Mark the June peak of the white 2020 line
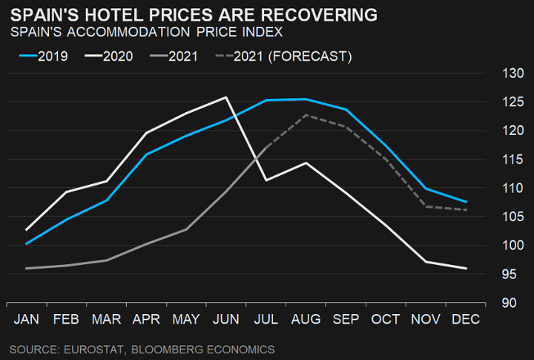click(225, 97)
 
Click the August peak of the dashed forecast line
click(306, 115)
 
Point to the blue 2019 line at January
click(27, 243)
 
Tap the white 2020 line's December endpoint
click(466, 268)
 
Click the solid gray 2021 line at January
click(27, 268)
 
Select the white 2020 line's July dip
click(266, 180)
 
